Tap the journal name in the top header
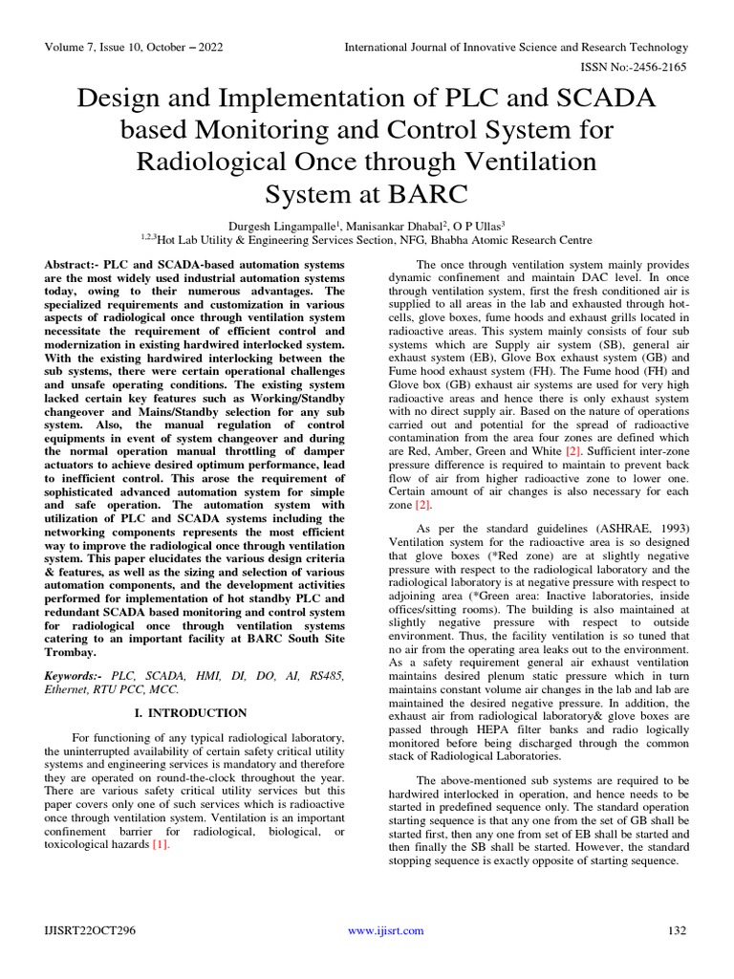click(x=516, y=47)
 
